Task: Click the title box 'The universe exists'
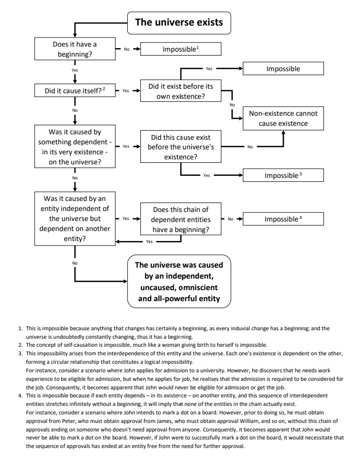click(179, 23)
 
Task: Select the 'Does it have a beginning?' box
click(75, 49)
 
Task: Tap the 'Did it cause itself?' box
click(75, 91)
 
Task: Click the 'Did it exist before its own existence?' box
click(181, 91)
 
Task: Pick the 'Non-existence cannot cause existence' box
click(283, 118)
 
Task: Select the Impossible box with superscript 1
click(181, 49)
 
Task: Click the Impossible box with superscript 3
click(283, 175)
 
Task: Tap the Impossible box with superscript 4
click(283, 219)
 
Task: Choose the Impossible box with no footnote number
click(283, 68)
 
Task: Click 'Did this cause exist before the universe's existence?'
click(181, 147)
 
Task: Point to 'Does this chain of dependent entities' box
click(181, 219)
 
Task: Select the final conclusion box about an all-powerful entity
click(179, 281)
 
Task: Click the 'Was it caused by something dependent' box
click(75, 146)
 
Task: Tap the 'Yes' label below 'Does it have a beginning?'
click(75, 70)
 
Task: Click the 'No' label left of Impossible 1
click(126, 49)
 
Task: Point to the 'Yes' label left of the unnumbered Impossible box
click(209, 69)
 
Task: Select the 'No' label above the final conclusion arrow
click(75, 263)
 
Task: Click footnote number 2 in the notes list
click(20, 345)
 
